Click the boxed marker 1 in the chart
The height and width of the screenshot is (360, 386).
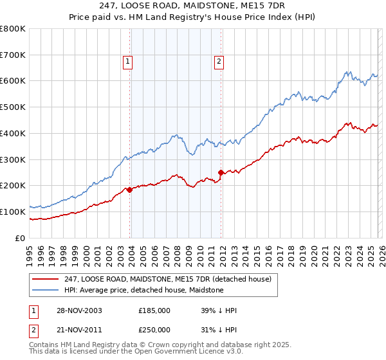click(x=127, y=62)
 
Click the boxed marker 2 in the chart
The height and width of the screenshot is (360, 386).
click(x=219, y=62)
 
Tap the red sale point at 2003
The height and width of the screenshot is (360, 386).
click(x=130, y=189)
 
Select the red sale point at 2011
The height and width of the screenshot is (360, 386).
click(x=221, y=172)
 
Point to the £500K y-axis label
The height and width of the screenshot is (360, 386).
click(x=12, y=107)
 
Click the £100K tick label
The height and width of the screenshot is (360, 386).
click(x=12, y=212)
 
